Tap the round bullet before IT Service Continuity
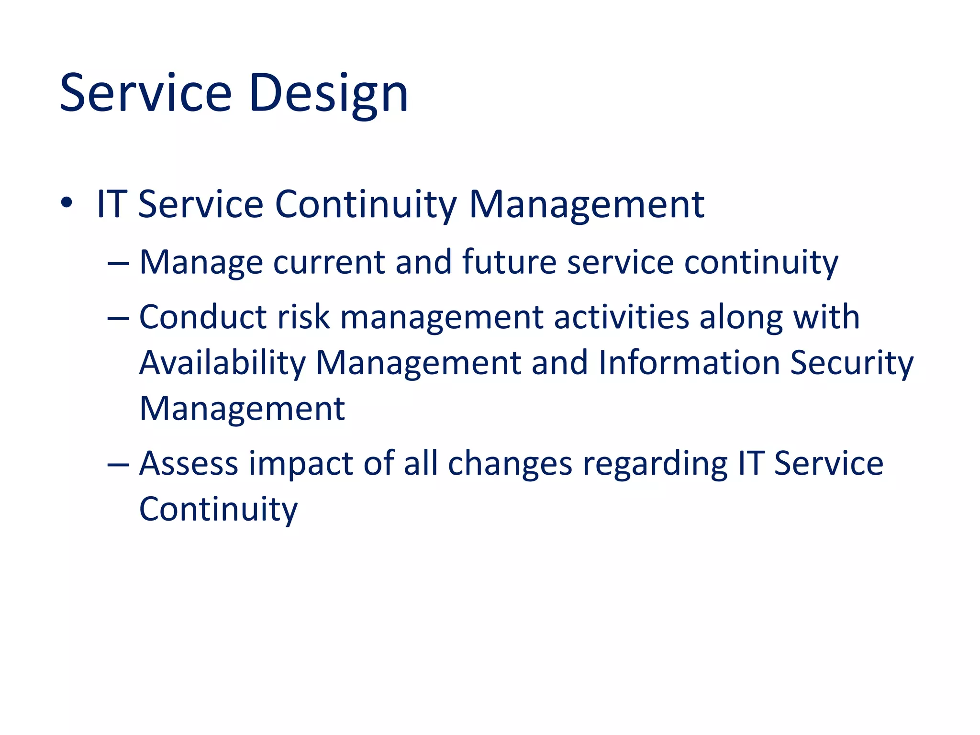pyautogui.click(x=67, y=203)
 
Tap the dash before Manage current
pyautogui.click(x=118, y=264)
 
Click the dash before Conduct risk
pyautogui.click(x=118, y=319)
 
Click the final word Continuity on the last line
pyautogui.click(x=218, y=509)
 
